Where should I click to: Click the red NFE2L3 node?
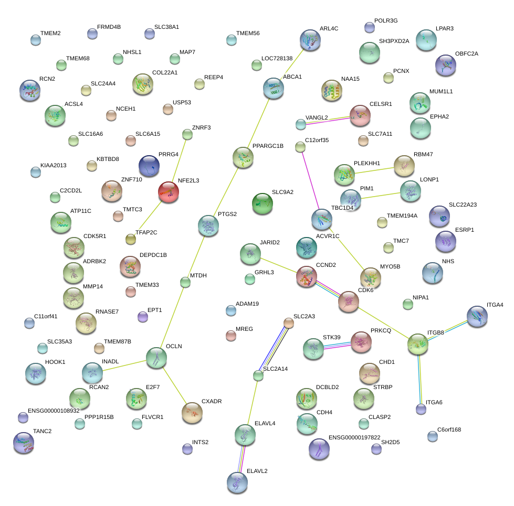[169, 192]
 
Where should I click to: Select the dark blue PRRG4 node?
[149, 166]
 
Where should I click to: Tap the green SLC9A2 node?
[263, 203]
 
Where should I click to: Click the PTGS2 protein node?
[208, 225]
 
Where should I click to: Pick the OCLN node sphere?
[156, 358]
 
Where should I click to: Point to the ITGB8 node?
[418, 344]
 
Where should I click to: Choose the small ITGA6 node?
[421, 409]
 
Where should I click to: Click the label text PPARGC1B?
[268, 146]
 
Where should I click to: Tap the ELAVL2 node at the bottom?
[237, 482]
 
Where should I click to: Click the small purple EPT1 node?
[143, 317]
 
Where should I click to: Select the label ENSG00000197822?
[354, 438]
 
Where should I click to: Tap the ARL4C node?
[310, 40]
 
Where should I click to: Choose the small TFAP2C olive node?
[131, 240]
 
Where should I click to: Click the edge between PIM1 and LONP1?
[381, 196]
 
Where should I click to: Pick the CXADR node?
[192, 413]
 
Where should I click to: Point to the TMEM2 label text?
[50, 34]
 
